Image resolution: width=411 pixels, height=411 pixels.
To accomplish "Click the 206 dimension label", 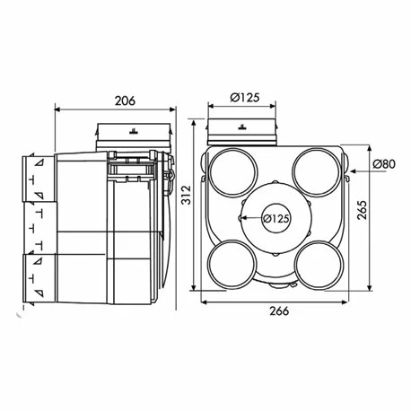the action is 125,101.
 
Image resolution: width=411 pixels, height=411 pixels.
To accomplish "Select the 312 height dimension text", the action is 187,195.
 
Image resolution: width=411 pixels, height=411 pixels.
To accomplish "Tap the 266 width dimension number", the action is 279,311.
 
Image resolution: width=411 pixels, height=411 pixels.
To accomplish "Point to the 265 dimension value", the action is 363,210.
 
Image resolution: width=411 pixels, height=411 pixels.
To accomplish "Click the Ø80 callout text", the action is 384,164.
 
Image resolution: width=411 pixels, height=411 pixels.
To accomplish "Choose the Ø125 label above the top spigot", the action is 245,98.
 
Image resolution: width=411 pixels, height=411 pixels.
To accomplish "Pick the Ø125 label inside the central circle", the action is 276,219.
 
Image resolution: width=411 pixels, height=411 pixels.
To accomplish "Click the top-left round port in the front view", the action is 233,172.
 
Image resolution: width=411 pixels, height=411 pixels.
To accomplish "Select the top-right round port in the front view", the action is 317,172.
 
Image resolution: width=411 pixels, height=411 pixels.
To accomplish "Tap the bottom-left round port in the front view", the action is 232,265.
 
